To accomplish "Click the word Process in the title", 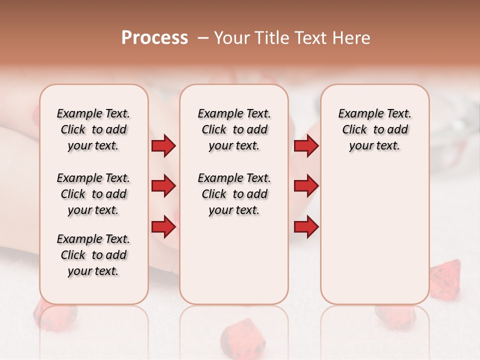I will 154,38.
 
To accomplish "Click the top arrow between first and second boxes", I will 163,146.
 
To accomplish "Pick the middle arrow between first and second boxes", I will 163,186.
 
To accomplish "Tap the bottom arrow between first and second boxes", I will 163,227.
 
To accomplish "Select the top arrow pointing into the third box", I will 306,146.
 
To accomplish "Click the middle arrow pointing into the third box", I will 306,186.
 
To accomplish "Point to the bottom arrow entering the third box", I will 306,227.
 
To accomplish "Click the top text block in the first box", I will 93,129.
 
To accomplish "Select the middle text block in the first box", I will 93,194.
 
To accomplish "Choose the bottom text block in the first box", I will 93,255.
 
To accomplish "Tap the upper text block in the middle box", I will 234,129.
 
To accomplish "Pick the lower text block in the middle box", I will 234,194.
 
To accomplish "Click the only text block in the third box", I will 374,129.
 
